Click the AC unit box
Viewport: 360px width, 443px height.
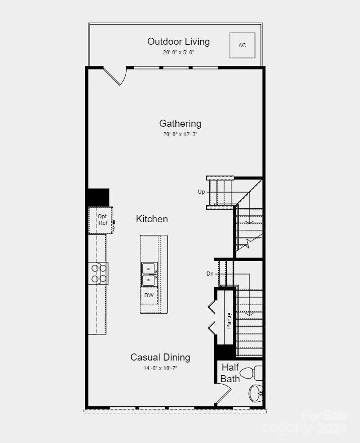(x=242, y=45)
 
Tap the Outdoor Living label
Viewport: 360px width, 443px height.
(x=178, y=41)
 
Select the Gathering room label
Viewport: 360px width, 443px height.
(x=180, y=123)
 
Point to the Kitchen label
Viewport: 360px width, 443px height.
(x=152, y=219)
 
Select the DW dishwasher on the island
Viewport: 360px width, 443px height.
(x=149, y=295)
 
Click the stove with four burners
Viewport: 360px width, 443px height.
(x=99, y=273)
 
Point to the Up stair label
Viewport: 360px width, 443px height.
(x=201, y=192)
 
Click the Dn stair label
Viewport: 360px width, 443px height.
(x=210, y=274)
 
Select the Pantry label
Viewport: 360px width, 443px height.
(x=229, y=320)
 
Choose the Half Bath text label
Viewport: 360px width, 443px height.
(x=230, y=373)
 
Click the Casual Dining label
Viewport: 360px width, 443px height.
(x=160, y=357)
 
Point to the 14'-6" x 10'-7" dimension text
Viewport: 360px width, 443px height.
(x=160, y=368)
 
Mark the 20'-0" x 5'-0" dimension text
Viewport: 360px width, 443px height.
(x=178, y=52)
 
